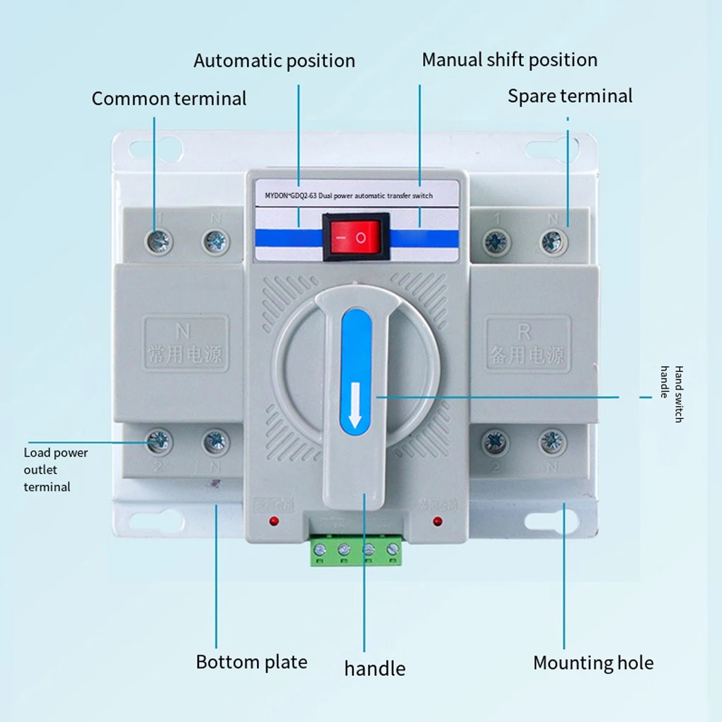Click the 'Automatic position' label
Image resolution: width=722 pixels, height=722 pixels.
tap(275, 61)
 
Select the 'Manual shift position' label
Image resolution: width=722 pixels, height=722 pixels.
tap(509, 60)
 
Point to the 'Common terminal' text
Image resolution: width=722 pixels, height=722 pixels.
tap(169, 98)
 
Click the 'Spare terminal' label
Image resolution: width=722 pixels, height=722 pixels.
tap(570, 96)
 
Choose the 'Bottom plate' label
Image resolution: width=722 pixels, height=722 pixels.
tap(251, 663)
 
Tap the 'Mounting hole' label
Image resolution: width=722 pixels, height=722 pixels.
tap(593, 663)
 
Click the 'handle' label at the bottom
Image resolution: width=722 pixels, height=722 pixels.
tap(374, 668)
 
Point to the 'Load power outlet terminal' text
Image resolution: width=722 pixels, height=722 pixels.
tap(55, 469)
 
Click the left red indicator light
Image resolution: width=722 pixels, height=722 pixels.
tap(273, 522)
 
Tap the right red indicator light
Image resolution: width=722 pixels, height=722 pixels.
tap(437, 522)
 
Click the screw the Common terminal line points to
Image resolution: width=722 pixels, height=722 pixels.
tap(159, 242)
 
